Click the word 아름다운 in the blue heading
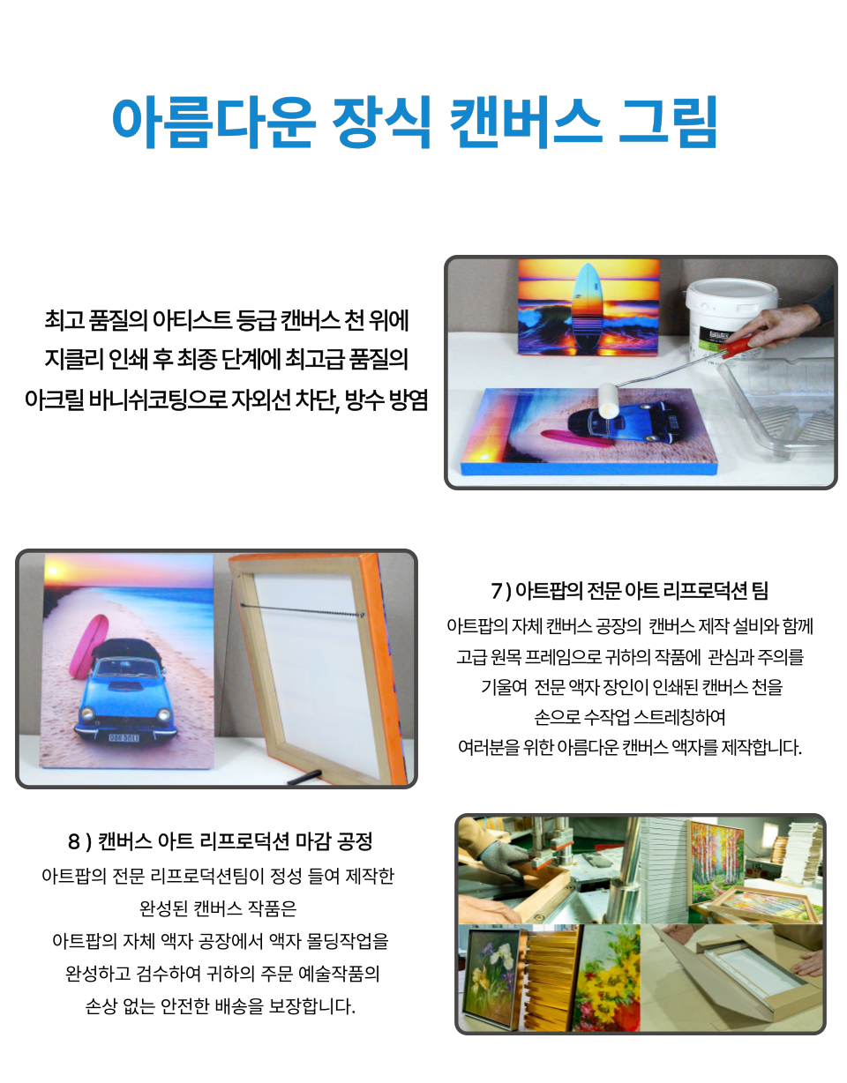(x=214, y=122)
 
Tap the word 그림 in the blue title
(x=668, y=122)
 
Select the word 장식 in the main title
(x=382, y=122)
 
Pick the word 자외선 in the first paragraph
(x=260, y=400)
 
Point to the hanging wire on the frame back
(x=302, y=610)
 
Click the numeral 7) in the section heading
(x=501, y=591)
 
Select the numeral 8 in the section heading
(x=74, y=841)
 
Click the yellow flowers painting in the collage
(x=606, y=977)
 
